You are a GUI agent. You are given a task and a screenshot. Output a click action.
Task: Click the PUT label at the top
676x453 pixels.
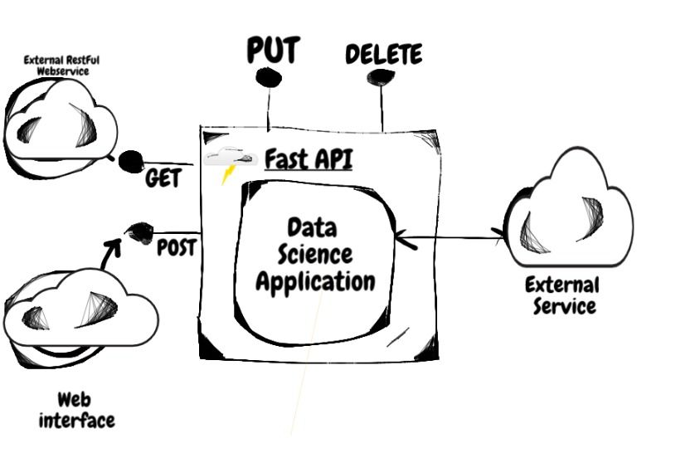coord(272,51)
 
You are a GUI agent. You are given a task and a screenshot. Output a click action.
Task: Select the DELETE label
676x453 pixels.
coord(383,55)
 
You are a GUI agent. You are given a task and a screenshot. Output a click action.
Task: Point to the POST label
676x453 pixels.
coord(176,247)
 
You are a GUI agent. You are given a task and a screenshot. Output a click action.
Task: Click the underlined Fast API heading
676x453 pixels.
coord(309,158)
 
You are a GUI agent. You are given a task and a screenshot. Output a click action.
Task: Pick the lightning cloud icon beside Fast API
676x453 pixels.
coord(229,163)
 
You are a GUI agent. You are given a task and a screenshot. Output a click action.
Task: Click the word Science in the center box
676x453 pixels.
coord(312,253)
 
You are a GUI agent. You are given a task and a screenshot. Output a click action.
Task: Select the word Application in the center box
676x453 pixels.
coord(314,280)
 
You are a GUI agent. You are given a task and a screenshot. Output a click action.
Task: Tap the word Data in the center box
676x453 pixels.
coord(311,226)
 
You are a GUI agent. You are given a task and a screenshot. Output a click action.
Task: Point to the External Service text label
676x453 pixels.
coord(562,295)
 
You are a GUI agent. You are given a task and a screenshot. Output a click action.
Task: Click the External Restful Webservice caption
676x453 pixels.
coord(57,65)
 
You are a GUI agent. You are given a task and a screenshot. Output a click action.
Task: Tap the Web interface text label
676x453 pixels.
coord(75,411)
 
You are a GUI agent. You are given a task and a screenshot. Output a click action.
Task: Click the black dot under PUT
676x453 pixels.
coord(268,76)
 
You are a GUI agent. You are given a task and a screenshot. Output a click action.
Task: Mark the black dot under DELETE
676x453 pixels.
coord(381,77)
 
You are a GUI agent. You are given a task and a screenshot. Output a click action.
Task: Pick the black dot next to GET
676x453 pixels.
coord(130,161)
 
